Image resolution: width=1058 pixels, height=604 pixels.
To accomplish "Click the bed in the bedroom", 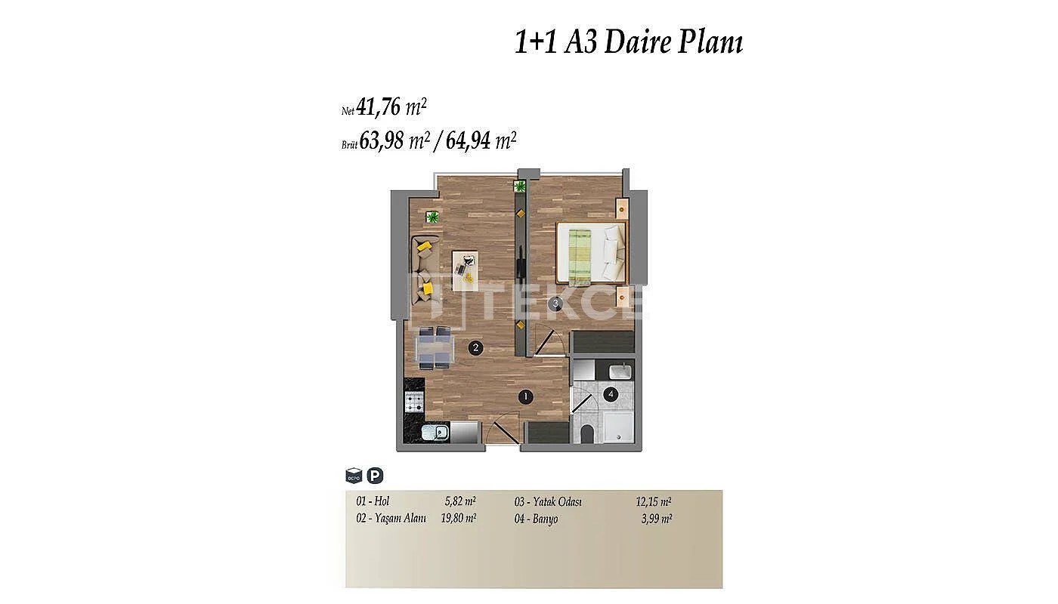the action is coord(591,254).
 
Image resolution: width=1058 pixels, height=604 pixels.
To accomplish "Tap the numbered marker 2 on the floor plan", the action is coord(475,348).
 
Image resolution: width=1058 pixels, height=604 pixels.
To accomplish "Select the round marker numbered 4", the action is coord(611,394).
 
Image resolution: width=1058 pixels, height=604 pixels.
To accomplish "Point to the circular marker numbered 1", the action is coord(525,397).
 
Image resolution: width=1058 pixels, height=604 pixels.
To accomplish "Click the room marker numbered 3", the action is coord(555,303).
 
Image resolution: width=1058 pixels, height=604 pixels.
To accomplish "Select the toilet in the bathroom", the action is coord(587,434).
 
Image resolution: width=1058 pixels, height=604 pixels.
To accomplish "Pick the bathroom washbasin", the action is coord(620,371).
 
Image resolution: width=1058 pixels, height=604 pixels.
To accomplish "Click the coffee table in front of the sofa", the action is coord(465,270).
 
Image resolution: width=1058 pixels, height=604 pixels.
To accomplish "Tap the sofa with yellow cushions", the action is coord(425,270).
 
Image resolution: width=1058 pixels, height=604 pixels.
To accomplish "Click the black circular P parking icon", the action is coord(375,475).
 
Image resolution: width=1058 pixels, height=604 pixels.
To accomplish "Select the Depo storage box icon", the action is coord(354,475).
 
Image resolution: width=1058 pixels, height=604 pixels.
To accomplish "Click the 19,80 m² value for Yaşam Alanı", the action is coord(458,518).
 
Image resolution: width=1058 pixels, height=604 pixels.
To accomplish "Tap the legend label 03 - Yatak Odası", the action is coord(548,501).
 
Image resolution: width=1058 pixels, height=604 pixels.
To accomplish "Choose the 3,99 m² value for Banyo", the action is coord(657,519).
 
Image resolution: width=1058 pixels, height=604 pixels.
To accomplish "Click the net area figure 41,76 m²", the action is coord(391,107).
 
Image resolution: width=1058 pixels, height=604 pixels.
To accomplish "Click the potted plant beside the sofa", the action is coord(432,217).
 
